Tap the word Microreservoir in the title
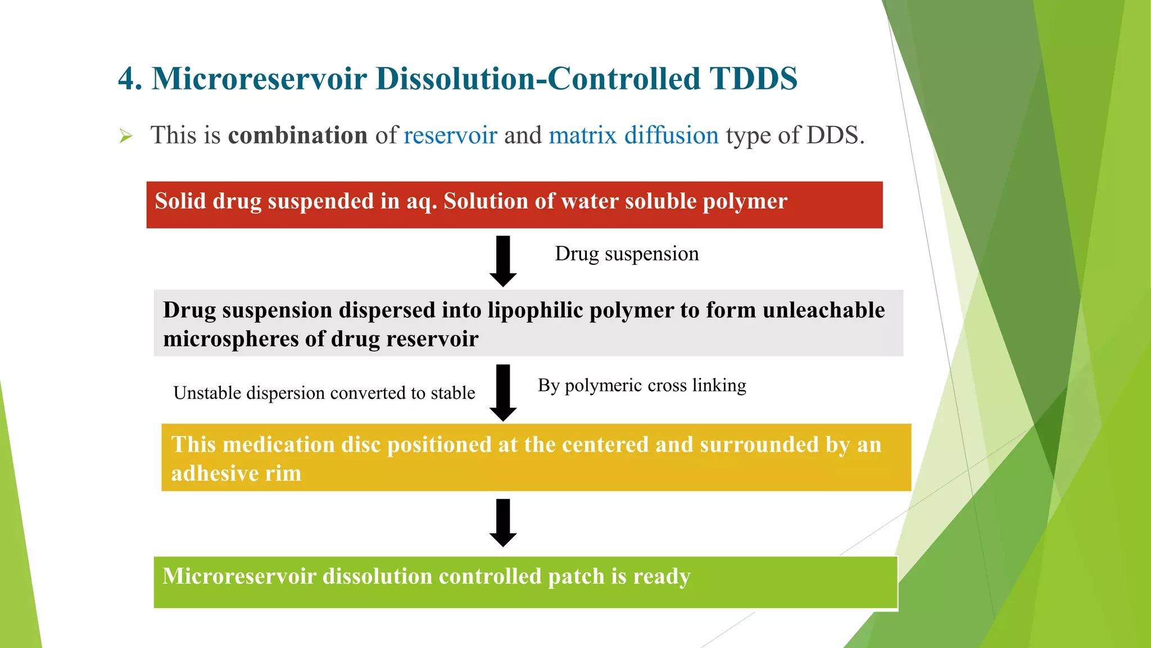coord(259,79)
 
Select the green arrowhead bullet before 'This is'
coord(126,136)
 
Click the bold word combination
coord(298,136)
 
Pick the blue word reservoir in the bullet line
coord(450,136)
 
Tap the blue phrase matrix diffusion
coord(633,136)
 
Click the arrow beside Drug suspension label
coord(503,261)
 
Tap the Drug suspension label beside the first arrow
coord(627,254)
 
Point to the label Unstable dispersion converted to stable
coord(324,393)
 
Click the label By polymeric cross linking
coord(642,385)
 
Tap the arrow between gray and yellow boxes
coord(503,393)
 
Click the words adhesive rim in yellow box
coord(236,474)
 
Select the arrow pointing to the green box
coord(503,523)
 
